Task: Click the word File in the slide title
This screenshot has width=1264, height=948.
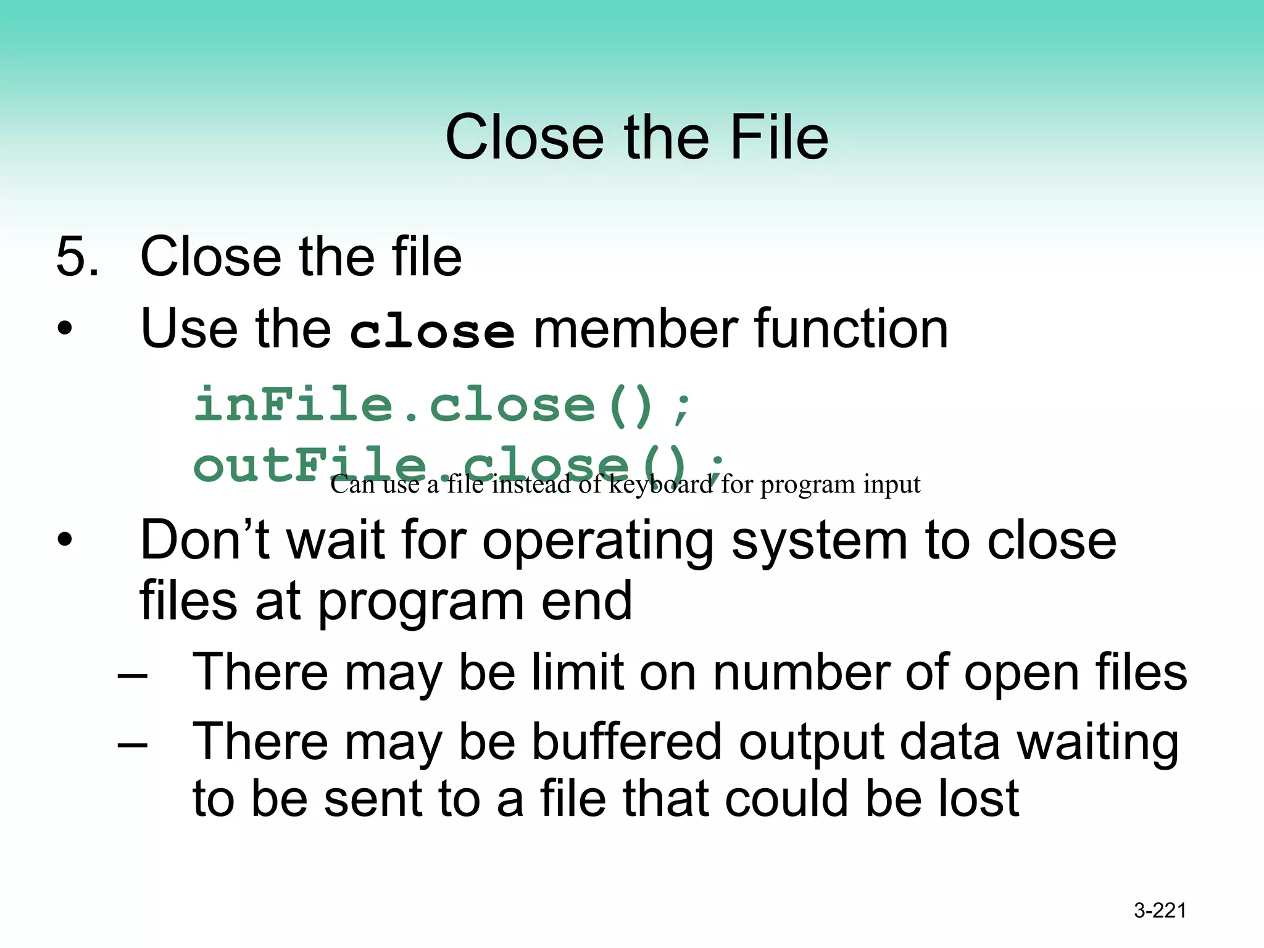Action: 779,138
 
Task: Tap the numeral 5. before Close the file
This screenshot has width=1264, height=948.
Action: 77,256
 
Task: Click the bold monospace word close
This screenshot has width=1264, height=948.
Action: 431,331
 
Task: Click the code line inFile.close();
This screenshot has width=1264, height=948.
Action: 443,405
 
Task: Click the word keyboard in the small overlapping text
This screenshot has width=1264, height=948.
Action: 660,484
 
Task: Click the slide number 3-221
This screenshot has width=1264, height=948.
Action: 1160,910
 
